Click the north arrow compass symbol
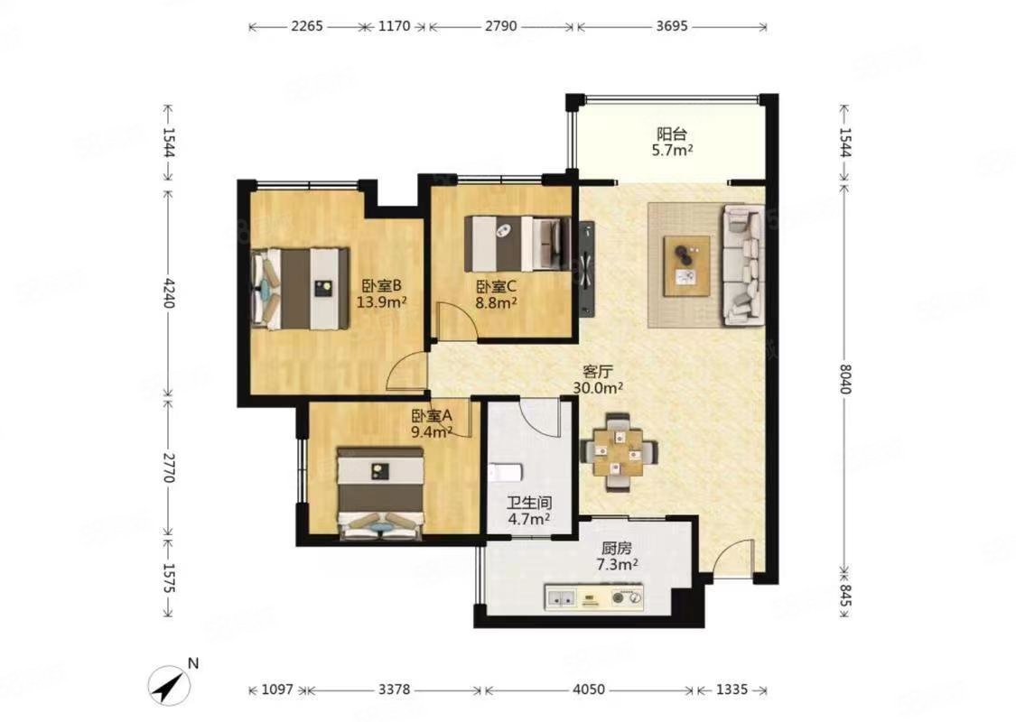point(168,683)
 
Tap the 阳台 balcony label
point(672,134)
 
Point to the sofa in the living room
point(742,264)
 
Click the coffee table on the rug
point(686,264)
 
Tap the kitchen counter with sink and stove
point(594,597)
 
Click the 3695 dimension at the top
point(671,26)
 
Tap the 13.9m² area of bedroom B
point(380,301)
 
